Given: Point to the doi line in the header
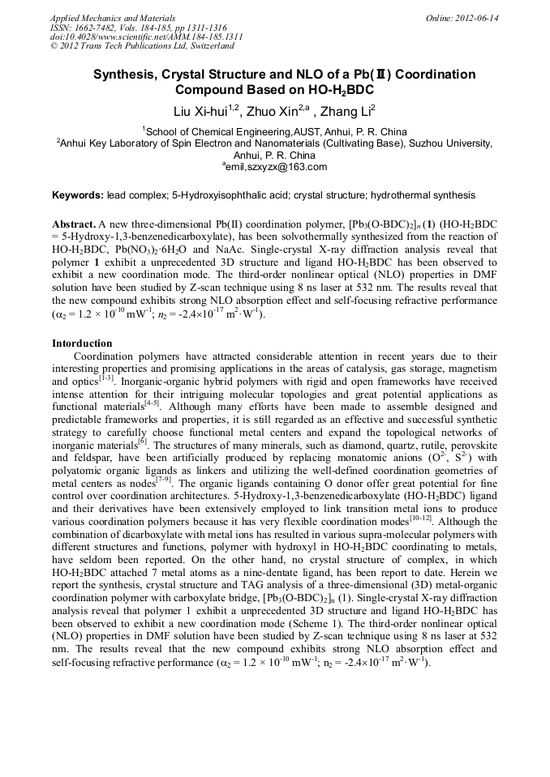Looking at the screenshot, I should point(146,36).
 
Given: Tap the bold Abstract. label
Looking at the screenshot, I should point(74,223).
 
